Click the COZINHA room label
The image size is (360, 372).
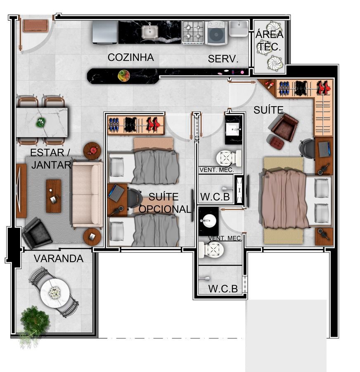click(130, 57)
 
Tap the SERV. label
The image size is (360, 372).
click(223, 59)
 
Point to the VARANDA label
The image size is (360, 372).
click(59, 258)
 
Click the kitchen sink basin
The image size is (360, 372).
click(150, 32)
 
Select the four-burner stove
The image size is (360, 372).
click(193, 32)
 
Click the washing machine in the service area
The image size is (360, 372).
click(216, 33)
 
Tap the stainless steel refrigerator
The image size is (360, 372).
click(105, 33)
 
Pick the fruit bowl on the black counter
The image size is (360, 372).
click(124, 76)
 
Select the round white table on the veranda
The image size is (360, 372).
click(55, 293)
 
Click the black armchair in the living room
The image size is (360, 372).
click(37, 233)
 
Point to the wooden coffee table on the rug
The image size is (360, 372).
click(54, 196)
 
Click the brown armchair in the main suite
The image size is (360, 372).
click(284, 128)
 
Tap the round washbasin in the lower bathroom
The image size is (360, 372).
click(209, 221)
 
